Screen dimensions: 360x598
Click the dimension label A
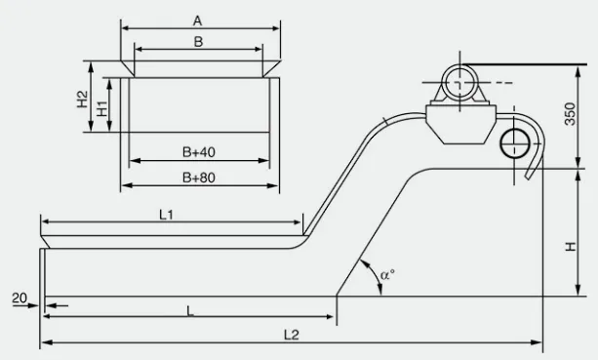click(x=198, y=20)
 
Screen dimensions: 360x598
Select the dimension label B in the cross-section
click(x=198, y=42)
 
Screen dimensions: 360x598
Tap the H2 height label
click(x=83, y=99)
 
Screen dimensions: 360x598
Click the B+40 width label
click(x=198, y=152)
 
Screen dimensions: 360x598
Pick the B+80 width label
click(x=198, y=178)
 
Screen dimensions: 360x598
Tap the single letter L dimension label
click(x=189, y=309)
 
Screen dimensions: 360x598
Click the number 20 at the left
click(x=20, y=299)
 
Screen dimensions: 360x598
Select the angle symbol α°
click(x=386, y=275)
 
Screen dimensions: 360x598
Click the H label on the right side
click(x=570, y=245)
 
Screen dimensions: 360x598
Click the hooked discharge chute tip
click(x=528, y=177)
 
